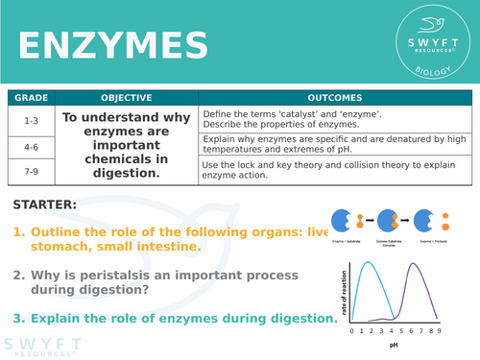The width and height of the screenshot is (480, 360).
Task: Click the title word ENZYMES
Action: (113, 45)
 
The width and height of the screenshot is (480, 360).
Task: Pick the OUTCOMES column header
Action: (334, 97)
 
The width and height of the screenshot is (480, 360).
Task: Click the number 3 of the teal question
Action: (19, 318)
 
